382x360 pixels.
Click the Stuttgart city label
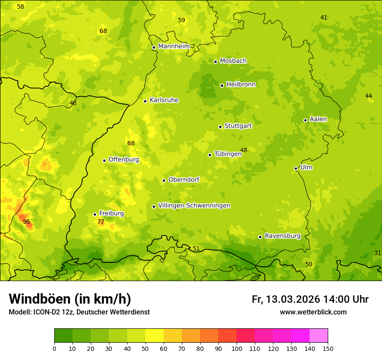click(x=238, y=126)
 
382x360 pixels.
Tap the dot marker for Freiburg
click(x=95, y=214)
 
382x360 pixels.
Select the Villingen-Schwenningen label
click(x=194, y=206)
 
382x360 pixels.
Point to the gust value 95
click(x=26, y=222)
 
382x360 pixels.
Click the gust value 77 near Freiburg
click(x=101, y=222)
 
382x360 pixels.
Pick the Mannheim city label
click(x=174, y=46)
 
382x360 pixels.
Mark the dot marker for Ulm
click(x=296, y=168)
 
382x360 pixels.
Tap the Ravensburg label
click(x=283, y=236)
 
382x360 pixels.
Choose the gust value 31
click(x=378, y=253)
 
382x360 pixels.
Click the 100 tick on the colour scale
click(x=237, y=348)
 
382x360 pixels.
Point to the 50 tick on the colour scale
click(x=145, y=348)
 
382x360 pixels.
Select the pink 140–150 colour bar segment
click(x=319, y=336)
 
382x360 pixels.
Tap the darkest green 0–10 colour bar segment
click(x=63, y=336)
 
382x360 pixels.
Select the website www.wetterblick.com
click(x=313, y=312)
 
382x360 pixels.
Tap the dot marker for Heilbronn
click(x=222, y=85)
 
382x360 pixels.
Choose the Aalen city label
click(x=318, y=119)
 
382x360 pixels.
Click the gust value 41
click(x=324, y=18)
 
